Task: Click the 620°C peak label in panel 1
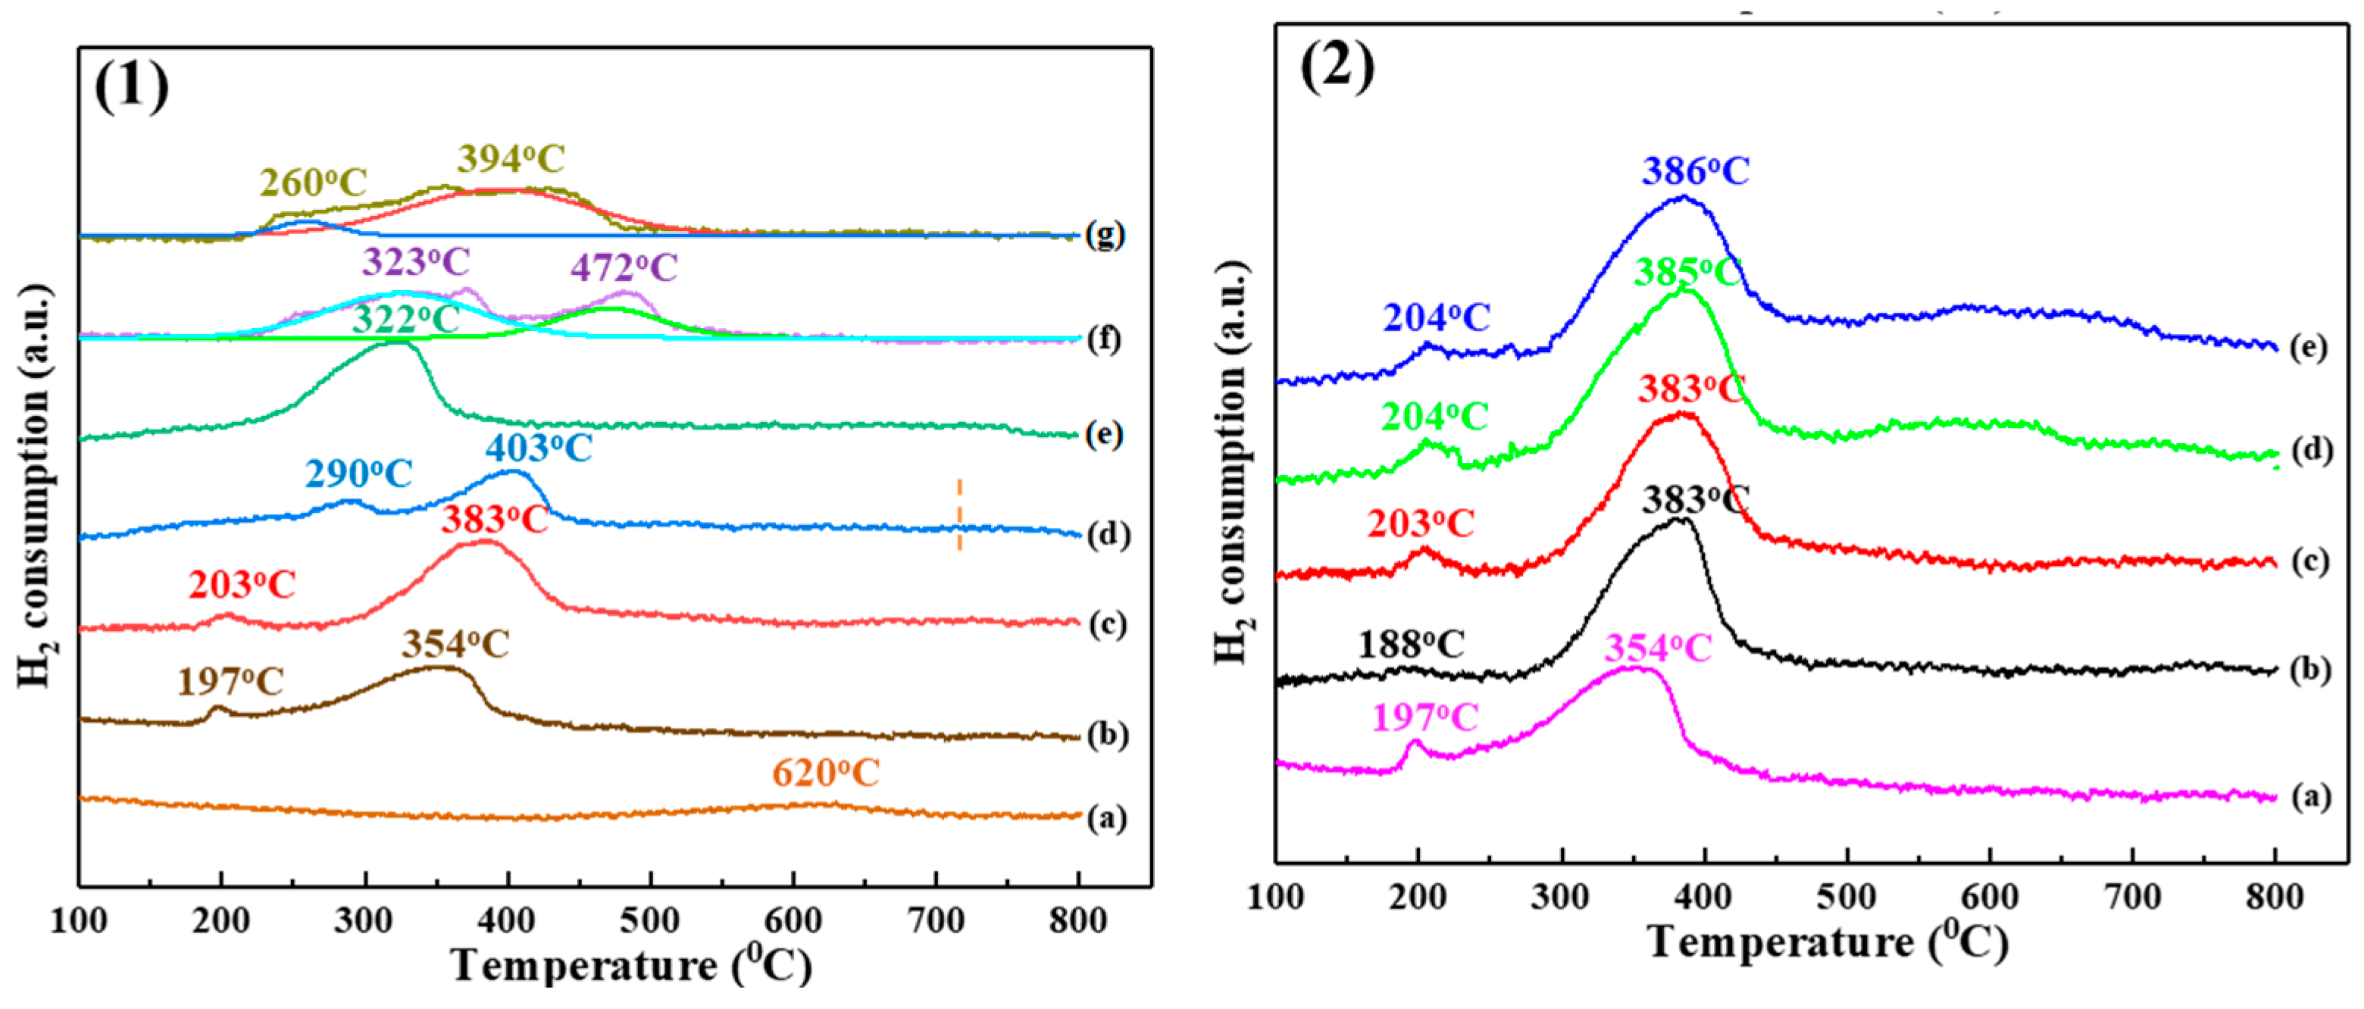pos(825,773)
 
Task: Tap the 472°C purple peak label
pos(624,268)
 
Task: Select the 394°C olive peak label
pos(511,158)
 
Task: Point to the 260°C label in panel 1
pos(313,183)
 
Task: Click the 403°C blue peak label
pos(539,448)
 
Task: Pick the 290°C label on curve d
pos(359,473)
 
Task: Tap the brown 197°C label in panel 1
pos(230,682)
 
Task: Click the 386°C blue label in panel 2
pos(1696,171)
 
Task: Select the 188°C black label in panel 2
pos(1411,645)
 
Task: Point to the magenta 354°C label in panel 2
pos(1657,648)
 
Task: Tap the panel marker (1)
pos(132,86)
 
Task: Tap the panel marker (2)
pos(1337,66)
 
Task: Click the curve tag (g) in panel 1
pos(1105,235)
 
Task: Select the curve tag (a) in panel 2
pos(2310,796)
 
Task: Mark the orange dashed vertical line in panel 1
pos(960,514)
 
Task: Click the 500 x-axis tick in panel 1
pos(650,920)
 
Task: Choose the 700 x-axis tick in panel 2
pos(2132,896)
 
